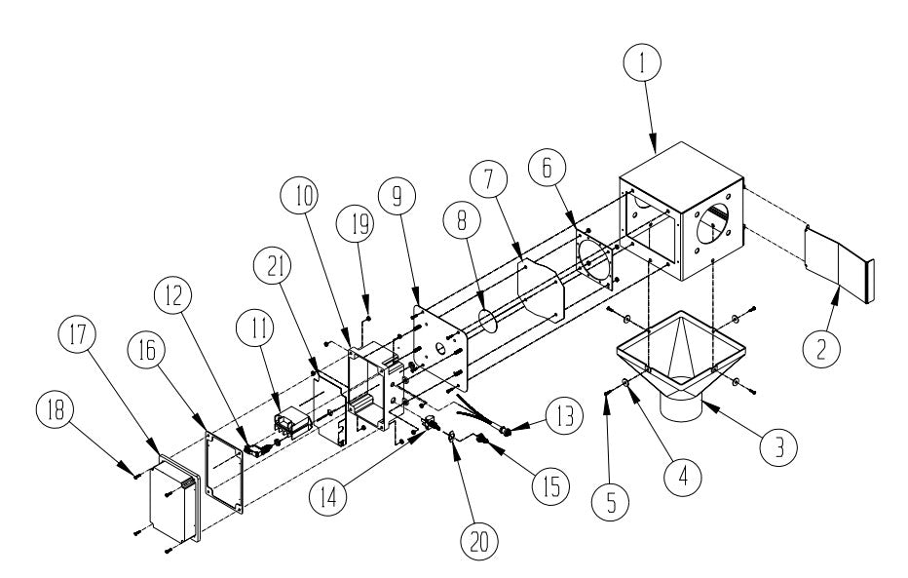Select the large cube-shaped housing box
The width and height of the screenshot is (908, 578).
click(682, 214)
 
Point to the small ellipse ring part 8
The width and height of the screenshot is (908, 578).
click(491, 322)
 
